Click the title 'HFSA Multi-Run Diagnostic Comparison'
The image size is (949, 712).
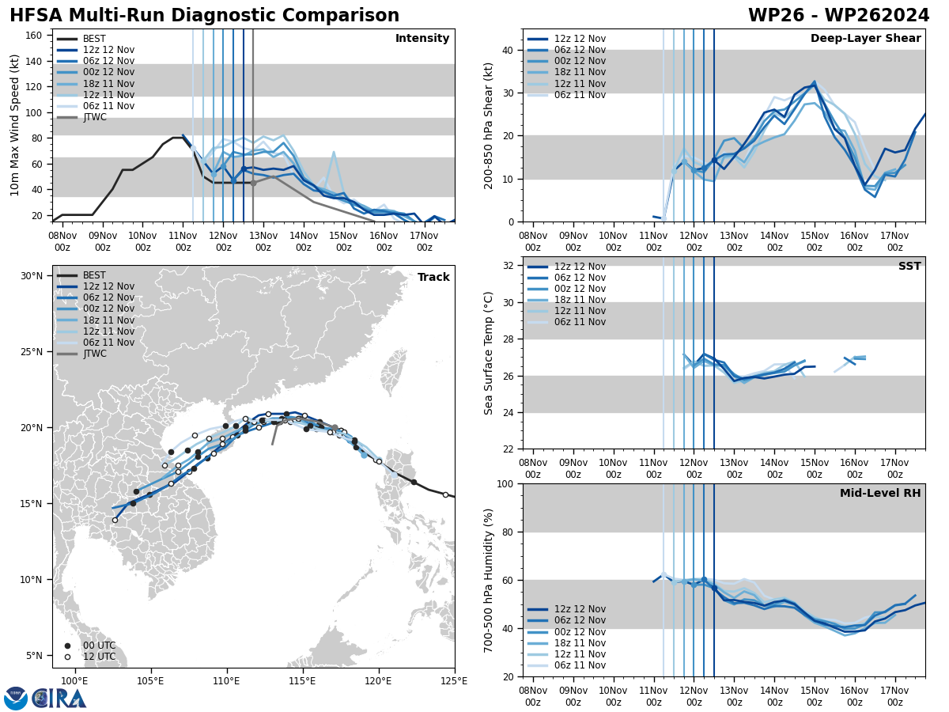[x=204, y=16]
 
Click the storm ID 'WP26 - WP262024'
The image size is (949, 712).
[x=838, y=16]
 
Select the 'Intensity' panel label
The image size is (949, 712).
[x=422, y=39]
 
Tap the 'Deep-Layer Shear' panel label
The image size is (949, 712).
[x=865, y=39]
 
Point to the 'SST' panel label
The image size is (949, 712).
[x=909, y=267]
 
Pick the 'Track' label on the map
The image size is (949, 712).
[x=433, y=278]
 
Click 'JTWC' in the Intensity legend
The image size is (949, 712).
[x=94, y=117]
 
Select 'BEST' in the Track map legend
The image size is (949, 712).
[x=94, y=275]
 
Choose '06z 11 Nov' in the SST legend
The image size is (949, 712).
[x=580, y=322]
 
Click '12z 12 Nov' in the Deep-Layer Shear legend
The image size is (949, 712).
[x=580, y=39]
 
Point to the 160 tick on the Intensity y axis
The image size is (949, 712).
[x=35, y=35]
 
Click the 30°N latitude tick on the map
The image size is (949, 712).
[x=31, y=276]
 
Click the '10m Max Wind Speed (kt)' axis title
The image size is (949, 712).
[x=15, y=125]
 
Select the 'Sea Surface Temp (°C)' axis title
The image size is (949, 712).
[x=489, y=353]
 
